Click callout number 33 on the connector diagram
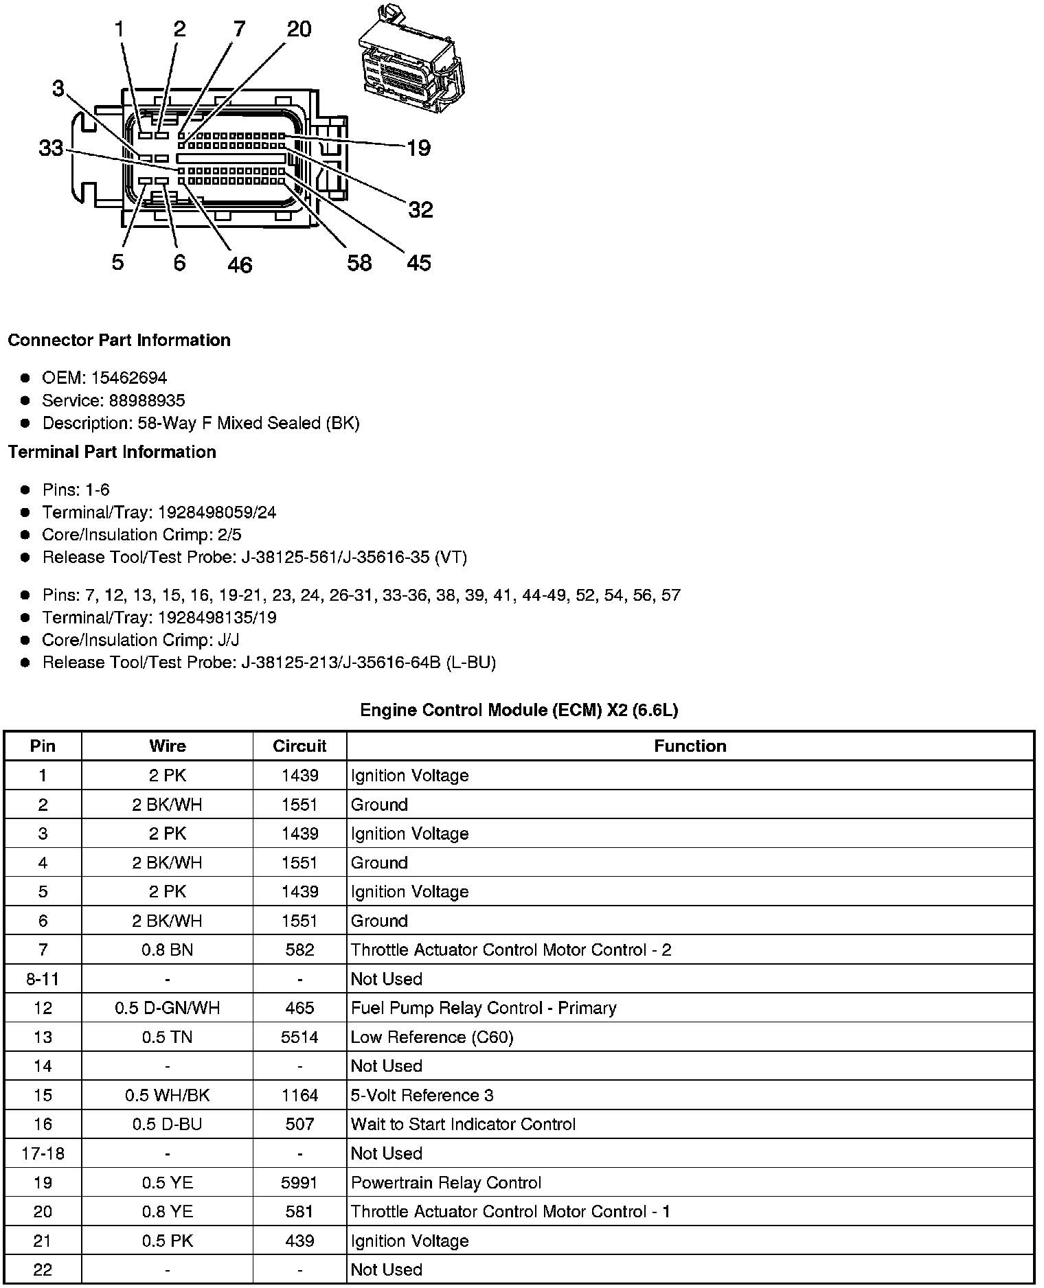pos(50,148)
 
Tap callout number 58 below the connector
pos(359,262)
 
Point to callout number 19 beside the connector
pos(418,148)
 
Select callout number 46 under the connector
pos(240,264)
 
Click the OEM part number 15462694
pos(128,378)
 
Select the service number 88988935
pos(147,400)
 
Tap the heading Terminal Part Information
pos(112,452)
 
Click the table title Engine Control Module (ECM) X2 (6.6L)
pos(519,710)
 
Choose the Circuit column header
pos(299,746)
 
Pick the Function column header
pos(690,746)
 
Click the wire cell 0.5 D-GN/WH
pos(167,1008)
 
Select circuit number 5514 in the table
pos(299,1037)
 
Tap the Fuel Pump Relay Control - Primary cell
pos(484,1008)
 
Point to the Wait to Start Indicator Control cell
pos(463,1124)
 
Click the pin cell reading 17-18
pos(43,1153)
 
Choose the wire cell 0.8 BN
pos(167,950)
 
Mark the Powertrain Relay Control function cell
pos(446,1183)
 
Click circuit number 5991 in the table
pos(299,1183)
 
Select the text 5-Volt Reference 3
pos(422,1095)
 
